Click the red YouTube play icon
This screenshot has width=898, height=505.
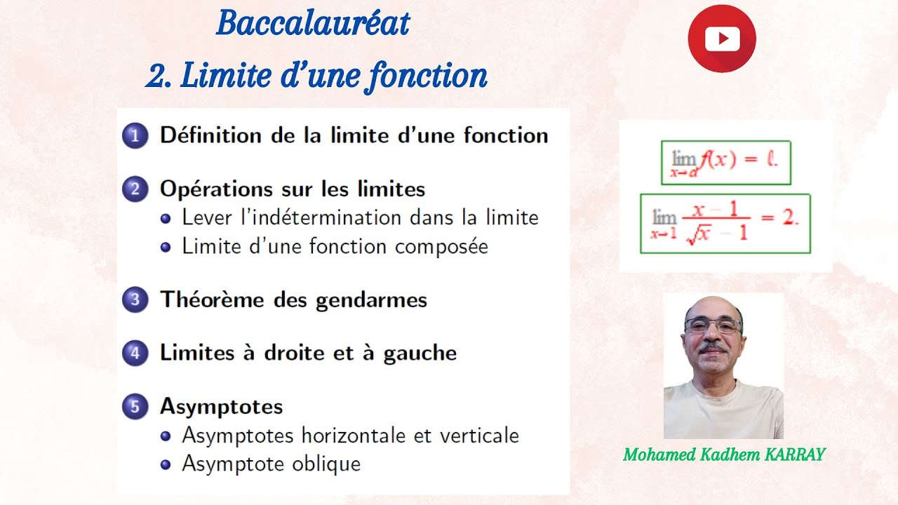click(721, 39)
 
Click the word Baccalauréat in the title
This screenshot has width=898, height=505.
click(312, 24)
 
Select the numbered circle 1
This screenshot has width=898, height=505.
click(135, 135)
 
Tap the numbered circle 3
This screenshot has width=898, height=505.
click(135, 300)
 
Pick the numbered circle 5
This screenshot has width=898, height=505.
click(135, 407)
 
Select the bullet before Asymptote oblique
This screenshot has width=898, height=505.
click(166, 464)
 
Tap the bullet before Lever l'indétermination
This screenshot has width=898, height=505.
click(166, 218)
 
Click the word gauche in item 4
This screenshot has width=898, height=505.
click(420, 353)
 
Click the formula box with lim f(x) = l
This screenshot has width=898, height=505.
click(725, 163)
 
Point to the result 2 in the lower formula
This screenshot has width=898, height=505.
click(789, 217)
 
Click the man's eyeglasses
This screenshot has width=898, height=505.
click(712, 326)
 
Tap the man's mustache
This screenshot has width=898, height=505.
click(713, 346)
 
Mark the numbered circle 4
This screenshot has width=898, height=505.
click(135, 353)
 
